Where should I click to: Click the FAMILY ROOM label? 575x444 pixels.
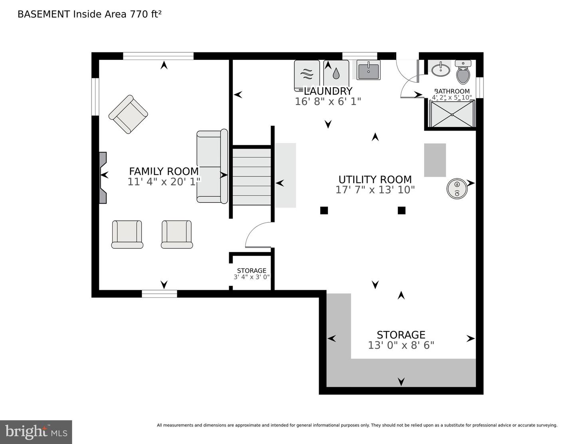164,171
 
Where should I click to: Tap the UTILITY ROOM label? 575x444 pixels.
375,179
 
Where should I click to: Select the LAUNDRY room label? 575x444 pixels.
328,91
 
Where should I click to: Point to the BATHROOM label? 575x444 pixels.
452,91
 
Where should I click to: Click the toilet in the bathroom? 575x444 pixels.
463,72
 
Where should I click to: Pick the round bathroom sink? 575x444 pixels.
440,69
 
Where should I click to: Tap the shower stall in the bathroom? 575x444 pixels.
452,114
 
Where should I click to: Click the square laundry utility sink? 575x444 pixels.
368,70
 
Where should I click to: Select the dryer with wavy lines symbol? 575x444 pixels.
307,74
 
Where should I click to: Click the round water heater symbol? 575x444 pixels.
457,189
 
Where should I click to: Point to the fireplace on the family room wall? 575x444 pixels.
103,178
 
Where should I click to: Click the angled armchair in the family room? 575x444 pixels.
128,114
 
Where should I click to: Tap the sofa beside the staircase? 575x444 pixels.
212,166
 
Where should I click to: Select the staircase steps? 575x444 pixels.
252,176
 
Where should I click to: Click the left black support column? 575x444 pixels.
324,210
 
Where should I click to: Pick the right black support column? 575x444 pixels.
401,210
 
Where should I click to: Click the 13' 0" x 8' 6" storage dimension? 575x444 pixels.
401,345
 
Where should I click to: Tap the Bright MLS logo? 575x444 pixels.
36,432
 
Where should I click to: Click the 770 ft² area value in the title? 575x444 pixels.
146,14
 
